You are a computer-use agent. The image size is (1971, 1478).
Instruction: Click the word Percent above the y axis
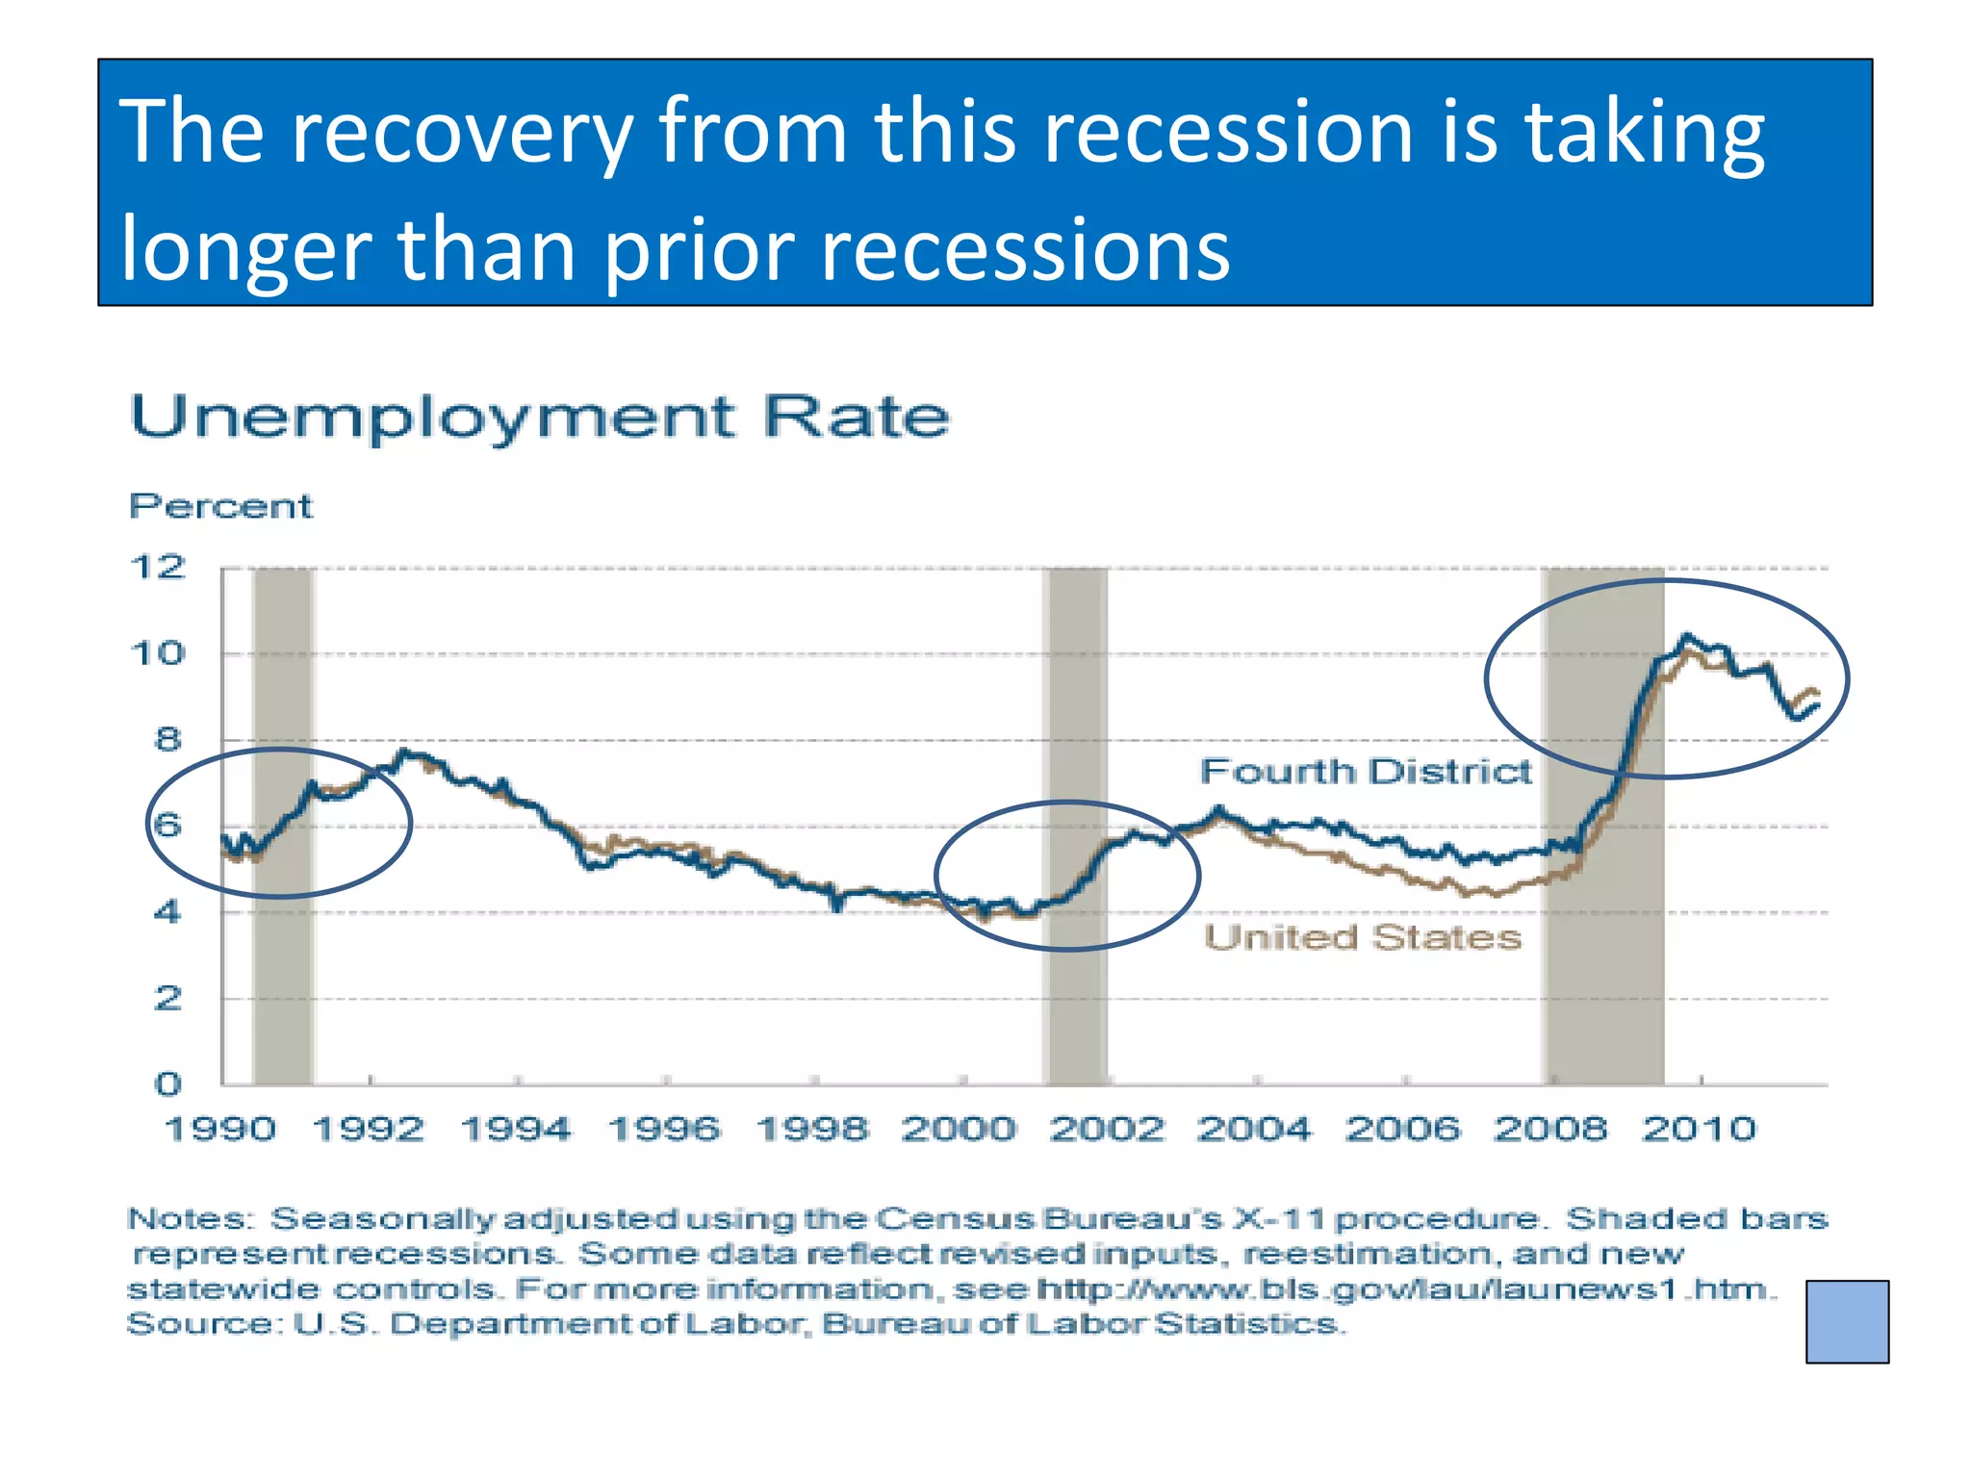220,506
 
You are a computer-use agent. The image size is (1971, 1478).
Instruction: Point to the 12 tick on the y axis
157,567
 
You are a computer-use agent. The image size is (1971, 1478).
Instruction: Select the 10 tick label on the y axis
157,654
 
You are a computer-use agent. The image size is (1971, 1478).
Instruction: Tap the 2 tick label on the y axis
167,999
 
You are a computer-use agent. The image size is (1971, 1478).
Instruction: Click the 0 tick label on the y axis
167,1084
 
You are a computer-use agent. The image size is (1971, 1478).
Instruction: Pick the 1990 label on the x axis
220,1129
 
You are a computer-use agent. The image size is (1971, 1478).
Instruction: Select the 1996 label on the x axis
664,1129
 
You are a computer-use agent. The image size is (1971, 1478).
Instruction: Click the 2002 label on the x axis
1107,1129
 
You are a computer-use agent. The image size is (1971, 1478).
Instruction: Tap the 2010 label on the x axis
1700,1129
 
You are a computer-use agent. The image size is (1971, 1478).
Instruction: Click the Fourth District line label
1365,772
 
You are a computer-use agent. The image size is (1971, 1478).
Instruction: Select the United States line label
1363,937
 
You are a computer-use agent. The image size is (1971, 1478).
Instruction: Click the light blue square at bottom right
1847,1321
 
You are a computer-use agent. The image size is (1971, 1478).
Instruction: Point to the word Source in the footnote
202,1325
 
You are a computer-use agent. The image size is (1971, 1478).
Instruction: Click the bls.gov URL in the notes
1405,1289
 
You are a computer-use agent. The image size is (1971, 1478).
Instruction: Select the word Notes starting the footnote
189,1219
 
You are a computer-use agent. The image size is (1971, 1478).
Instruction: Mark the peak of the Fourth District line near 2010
1685,636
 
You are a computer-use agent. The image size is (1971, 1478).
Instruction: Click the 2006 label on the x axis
1402,1129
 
